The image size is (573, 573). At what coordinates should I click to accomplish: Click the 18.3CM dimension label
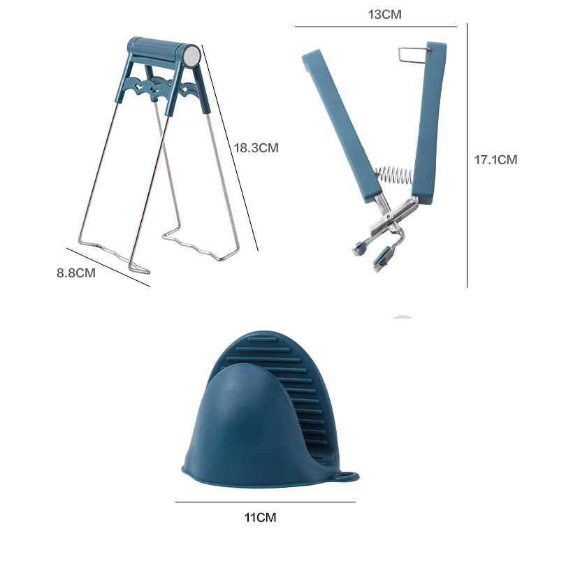[x=256, y=147]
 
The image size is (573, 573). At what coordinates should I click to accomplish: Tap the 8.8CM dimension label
[x=76, y=273]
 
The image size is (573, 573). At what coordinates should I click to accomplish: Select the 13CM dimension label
[x=384, y=14]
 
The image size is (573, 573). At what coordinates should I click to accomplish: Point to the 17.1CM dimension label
[x=495, y=160]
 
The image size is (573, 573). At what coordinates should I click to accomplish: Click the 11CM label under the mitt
[x=260, y=517]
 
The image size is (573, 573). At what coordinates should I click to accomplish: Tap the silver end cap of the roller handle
[x=191, y=56]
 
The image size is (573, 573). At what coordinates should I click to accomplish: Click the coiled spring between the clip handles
[x=393, y=175]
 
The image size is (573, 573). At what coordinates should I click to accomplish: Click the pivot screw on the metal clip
[x=389, y=217]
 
